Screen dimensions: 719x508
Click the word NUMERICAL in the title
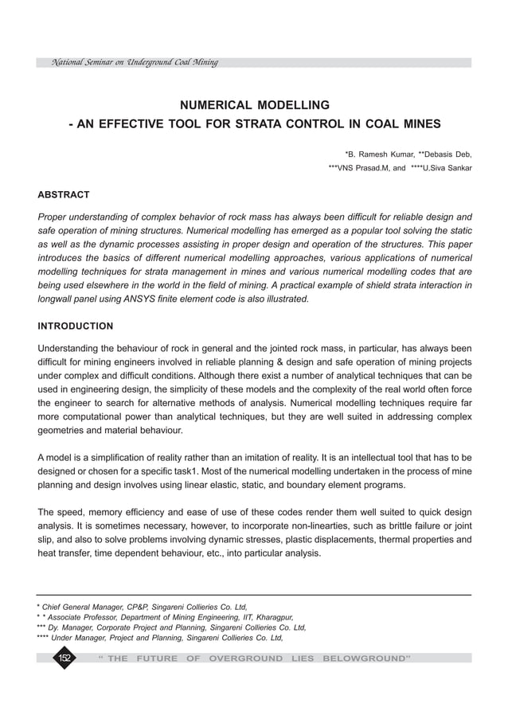(x=213, y=105)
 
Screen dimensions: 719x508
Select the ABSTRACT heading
(x=64, y=195)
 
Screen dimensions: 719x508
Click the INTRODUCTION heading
(x=76, y=326)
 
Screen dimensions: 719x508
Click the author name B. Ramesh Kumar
(x=378, y=154)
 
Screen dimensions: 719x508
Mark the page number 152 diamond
(x=64, y=658)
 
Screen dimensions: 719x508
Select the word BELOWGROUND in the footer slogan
(x=366, y=658)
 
